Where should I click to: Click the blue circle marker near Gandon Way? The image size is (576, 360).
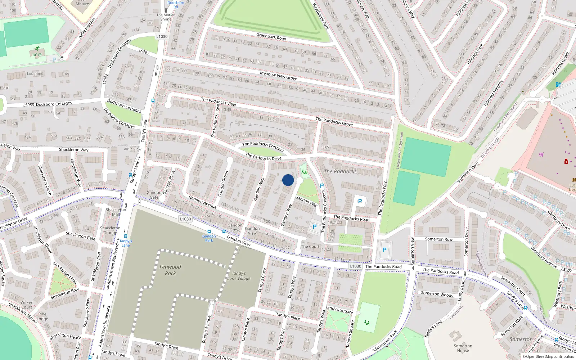click(288, 180)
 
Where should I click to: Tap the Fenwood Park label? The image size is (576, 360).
click(170, 270)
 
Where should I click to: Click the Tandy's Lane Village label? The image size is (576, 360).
click(239, 276)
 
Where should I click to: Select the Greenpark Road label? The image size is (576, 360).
click(271, 36)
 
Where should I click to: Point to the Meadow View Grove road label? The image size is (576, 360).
click(278, 75)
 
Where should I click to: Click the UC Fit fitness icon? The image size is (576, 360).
click(37, 49)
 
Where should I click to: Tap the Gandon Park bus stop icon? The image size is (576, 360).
click(209, 231)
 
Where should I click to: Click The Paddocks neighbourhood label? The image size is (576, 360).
click(340, 171)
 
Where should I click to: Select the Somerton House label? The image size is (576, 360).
click(463, 348)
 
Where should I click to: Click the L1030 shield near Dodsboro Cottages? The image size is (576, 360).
click(162, 36)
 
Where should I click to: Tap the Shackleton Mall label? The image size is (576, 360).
click(116, 212)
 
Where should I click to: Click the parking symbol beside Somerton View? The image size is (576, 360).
click(384, 250)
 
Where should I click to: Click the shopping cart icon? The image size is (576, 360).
click(541, 154)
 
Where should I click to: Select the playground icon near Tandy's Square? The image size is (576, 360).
click(367, 322)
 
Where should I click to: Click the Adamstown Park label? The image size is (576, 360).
click(384, 341)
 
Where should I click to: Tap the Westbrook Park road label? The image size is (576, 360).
click(320, 16)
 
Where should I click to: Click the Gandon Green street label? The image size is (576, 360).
click(224, 184)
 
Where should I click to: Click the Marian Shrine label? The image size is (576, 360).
click(166, 17)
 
